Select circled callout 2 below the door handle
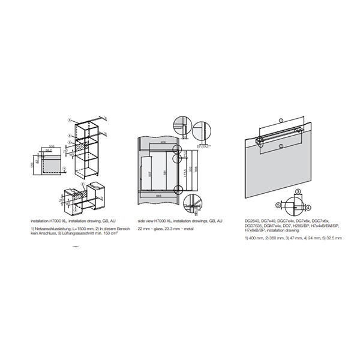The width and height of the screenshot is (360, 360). tap(280, 146)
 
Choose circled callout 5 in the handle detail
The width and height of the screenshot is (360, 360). tap(298, 191)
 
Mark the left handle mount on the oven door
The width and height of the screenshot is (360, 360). tap(260, 140)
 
